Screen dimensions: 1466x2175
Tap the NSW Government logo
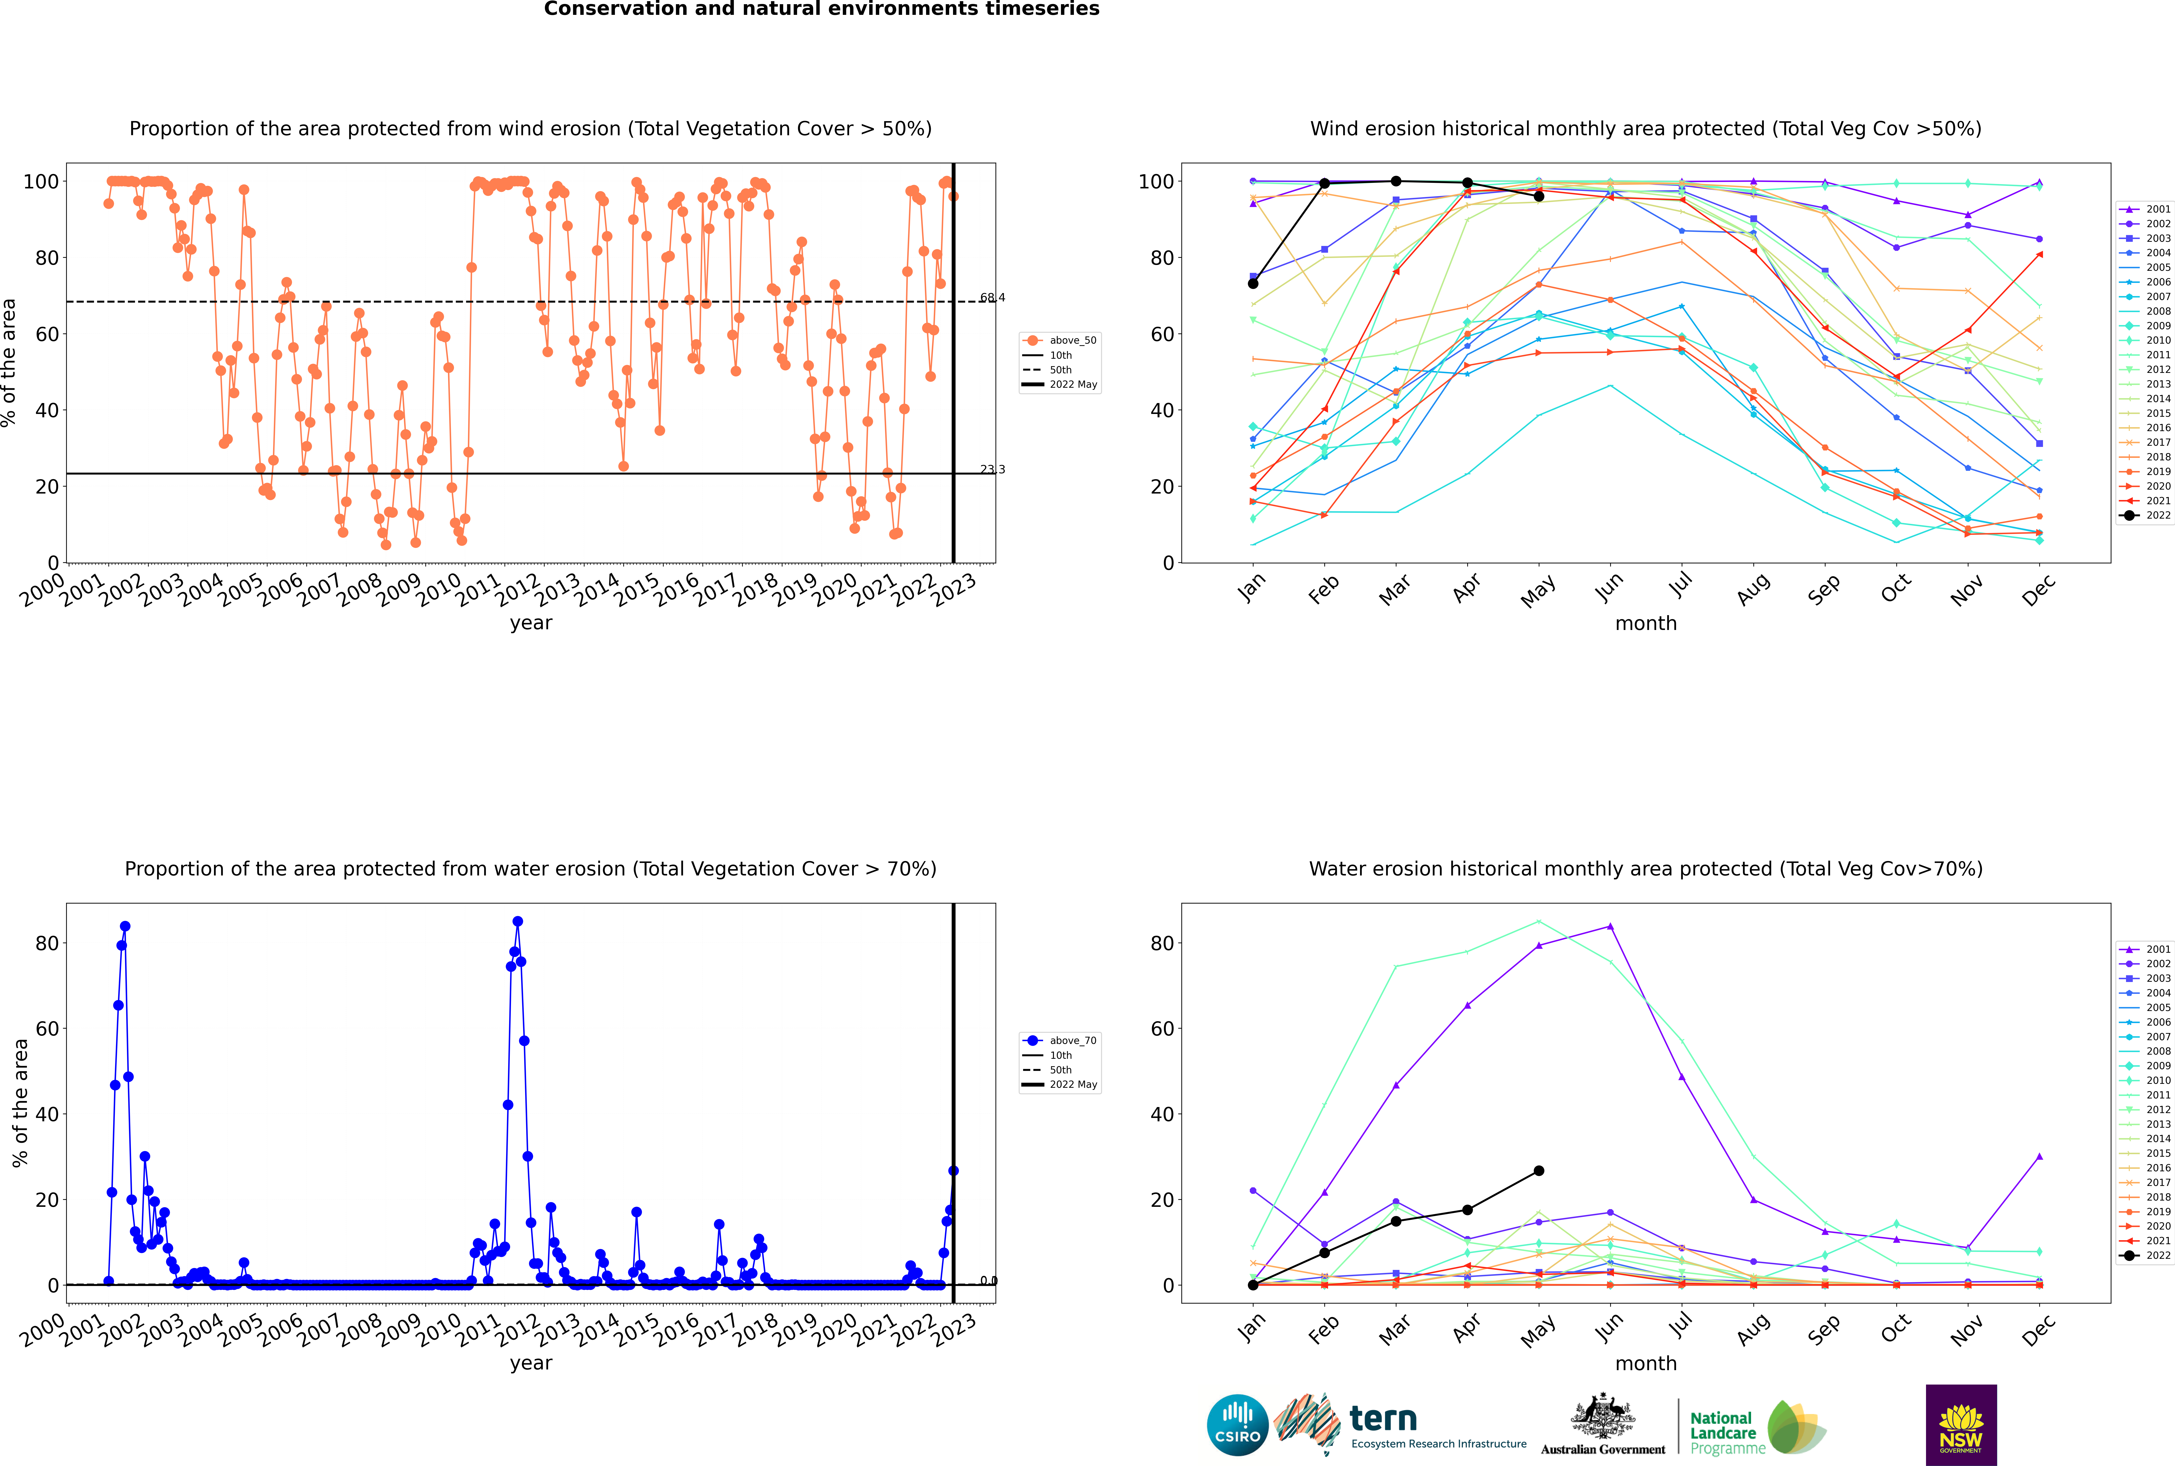point(1961,1425)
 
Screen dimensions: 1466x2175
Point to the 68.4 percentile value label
point(992,297)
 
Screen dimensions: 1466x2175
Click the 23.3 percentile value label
point(992,469)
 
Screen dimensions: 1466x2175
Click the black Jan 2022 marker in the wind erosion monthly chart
point(1253,283)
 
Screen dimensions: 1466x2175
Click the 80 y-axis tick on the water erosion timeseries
point(47,943)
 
